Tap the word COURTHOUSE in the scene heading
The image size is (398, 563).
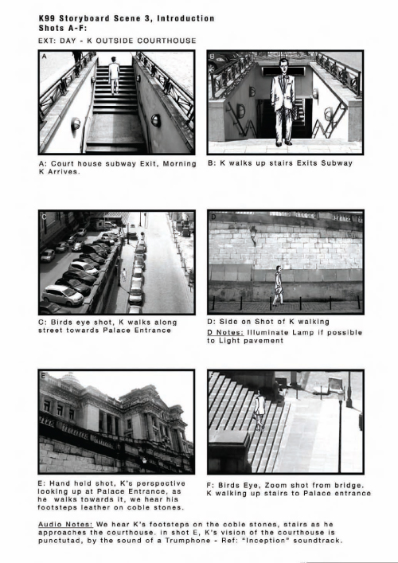(x=166, y=41)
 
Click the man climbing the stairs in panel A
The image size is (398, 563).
(x=114, y=75)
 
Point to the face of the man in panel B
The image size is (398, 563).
(x=284, y=66)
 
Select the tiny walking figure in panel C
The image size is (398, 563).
(x=124, y=274)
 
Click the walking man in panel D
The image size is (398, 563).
(x=278, y=285)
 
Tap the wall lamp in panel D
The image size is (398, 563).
(x=253, y=236)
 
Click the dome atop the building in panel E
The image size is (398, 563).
(x=70, y=377)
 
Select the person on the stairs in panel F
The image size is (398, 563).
(x=259, y=410)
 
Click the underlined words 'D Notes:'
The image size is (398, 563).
(x=225, y=333)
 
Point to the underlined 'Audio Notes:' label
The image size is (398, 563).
(x=65, y=524)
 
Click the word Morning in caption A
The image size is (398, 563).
(x=179, y=164)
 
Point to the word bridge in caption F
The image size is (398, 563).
(x=348, y=486)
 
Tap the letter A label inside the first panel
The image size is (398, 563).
(x=44, y=57)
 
